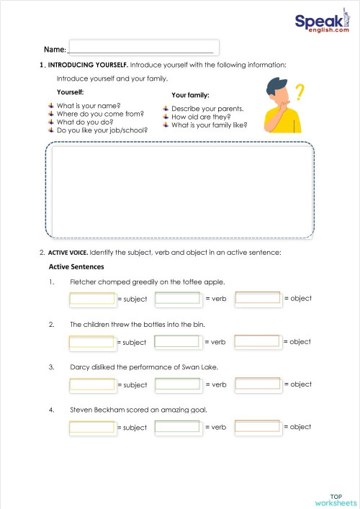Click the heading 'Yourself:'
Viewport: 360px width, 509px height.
[70, 92]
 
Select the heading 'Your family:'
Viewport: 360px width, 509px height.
[190, 95]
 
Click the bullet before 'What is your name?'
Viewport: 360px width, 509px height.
[51, 105]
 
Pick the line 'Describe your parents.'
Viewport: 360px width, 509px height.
[207, 109]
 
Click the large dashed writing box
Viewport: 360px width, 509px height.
[180, 190]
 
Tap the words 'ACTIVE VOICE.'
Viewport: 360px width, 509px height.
[68, 252]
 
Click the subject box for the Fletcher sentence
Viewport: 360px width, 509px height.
[92, 299]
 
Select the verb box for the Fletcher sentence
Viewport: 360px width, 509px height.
[177, 298]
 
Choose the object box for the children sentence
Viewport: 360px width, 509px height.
[258, 342]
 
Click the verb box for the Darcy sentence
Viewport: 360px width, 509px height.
[177, 384]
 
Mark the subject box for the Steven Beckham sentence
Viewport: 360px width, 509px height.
[92, 427]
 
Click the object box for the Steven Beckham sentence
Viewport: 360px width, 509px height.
[258, 427]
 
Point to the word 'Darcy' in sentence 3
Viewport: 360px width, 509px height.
[80, 367]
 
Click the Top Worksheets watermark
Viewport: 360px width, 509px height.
[336, 500]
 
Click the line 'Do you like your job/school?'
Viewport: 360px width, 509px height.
[102, 130]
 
